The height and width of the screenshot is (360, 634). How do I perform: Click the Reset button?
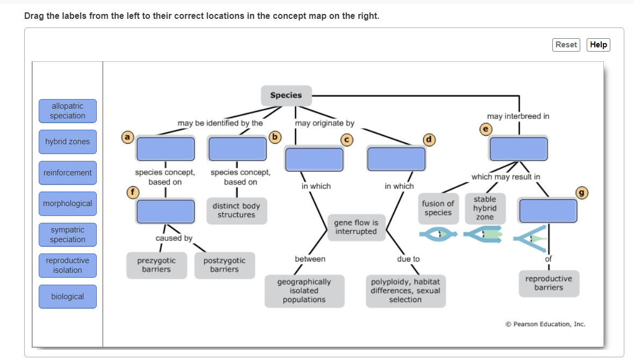point(566,45)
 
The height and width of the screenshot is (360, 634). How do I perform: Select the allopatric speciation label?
point(68,111)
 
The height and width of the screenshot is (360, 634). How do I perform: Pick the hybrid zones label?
point(68,142)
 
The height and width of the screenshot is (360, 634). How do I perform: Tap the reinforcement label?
point(68,173)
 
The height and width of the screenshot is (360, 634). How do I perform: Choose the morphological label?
point(68,203)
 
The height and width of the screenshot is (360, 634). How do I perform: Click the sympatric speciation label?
point(68,235)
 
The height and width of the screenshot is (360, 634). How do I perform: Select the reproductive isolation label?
point(68,265)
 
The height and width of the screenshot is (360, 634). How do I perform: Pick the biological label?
point(68,297)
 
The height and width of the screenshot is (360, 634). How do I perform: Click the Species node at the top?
point(286,95)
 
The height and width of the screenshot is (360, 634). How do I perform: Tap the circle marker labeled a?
point(127,137)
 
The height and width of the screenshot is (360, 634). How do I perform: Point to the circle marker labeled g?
point(581,193)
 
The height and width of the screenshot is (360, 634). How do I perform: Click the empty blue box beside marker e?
point(519,149)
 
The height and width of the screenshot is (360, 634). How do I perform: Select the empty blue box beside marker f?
point(166,211)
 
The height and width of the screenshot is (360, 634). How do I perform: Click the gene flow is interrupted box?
point(356,227)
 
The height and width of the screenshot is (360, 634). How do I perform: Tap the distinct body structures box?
point(237,211)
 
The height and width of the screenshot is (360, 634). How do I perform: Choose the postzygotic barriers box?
point(224,265)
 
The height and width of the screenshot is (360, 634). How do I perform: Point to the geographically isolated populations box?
point(304,291)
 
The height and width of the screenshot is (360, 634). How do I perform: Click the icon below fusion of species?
point(438,234)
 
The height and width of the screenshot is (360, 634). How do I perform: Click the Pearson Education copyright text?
point(545,324)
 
